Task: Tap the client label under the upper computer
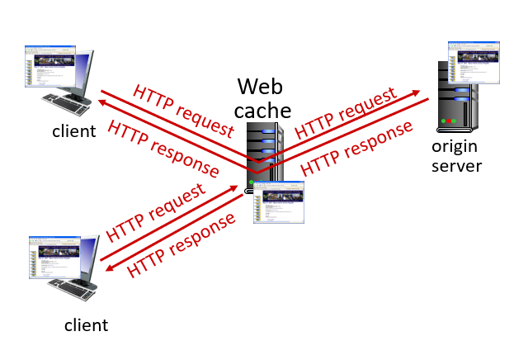click(x=73, y=130)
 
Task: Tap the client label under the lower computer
click(x=86, y=324)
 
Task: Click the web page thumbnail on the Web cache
click(x=279, y=201)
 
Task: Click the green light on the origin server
click(x=444, y=121)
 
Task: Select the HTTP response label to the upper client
click(x=163, y=149)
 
